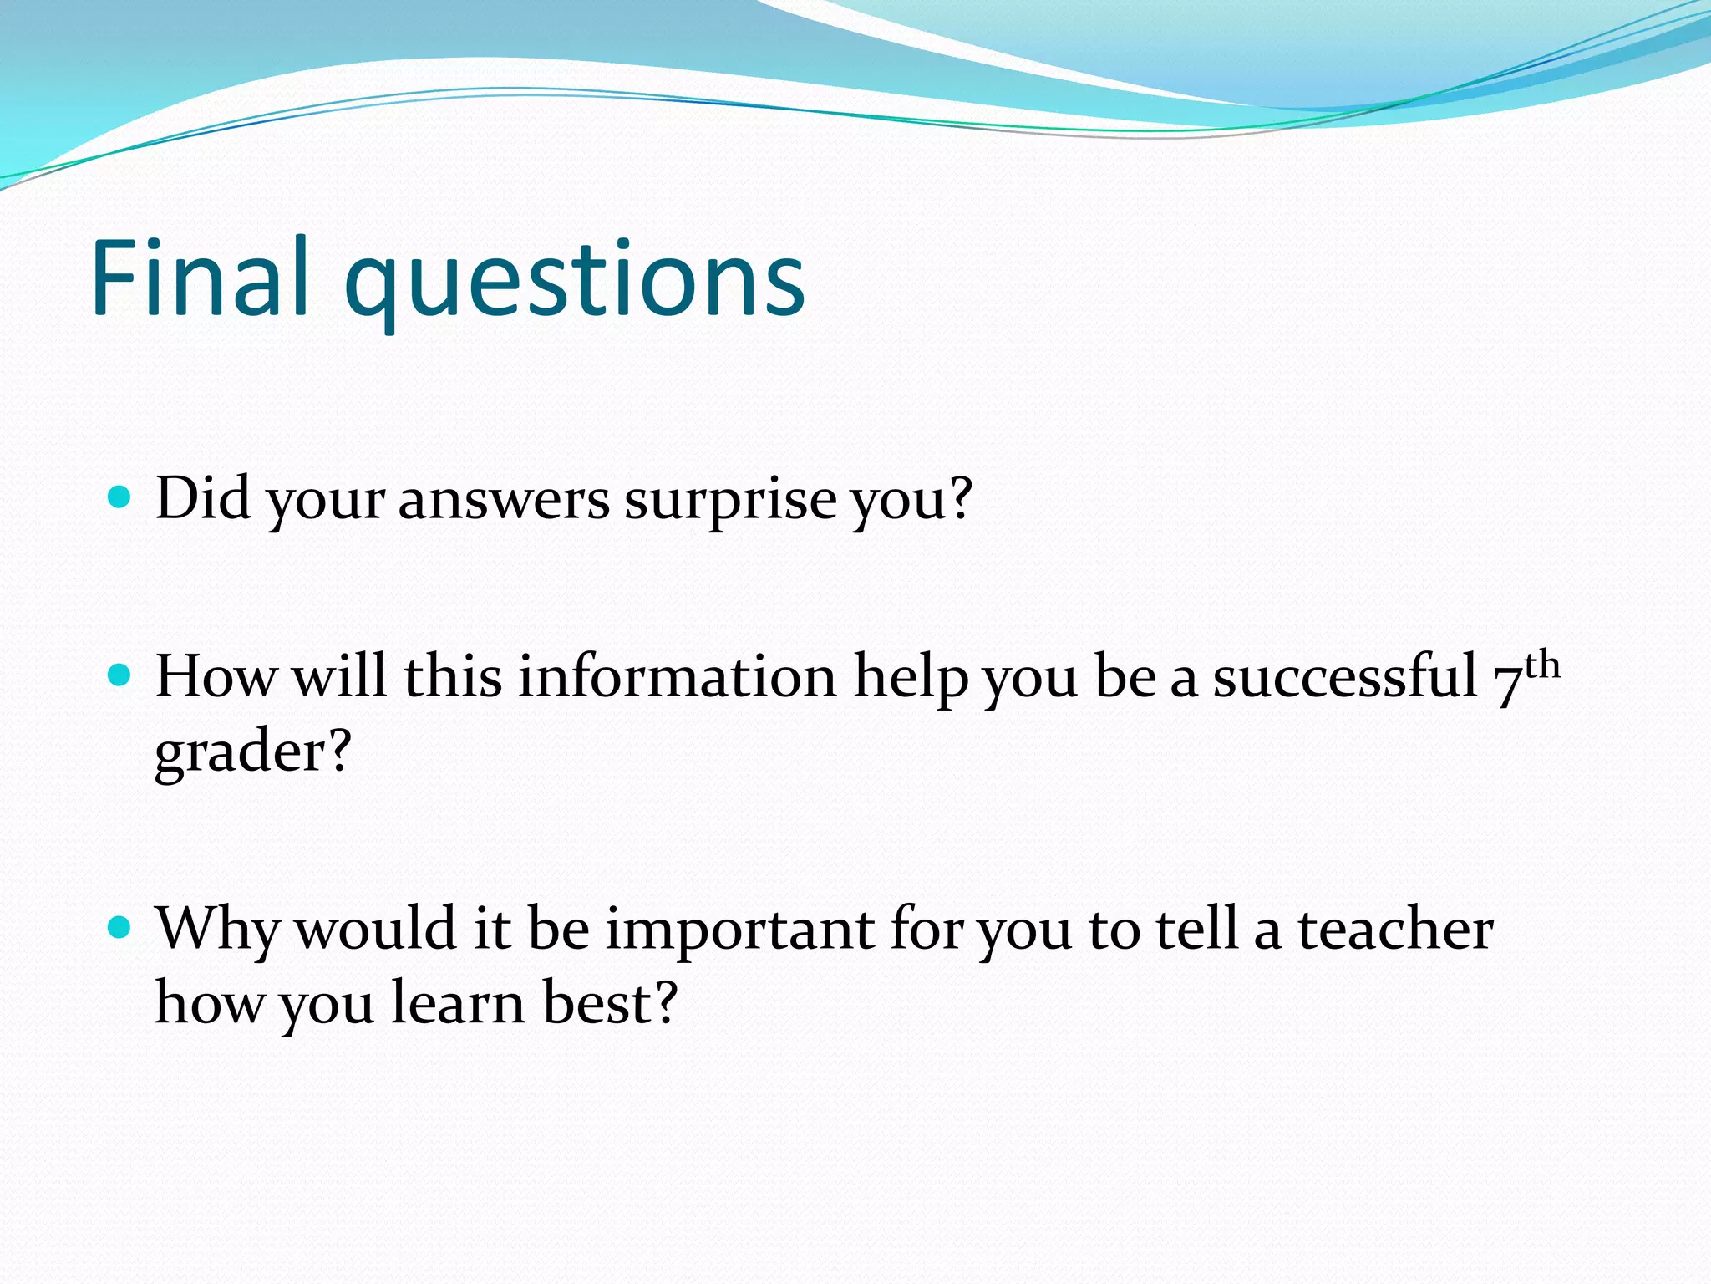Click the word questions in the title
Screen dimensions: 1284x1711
[575, 284]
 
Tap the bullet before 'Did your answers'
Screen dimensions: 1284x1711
[121, 497]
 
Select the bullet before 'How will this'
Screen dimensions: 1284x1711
[121, 675]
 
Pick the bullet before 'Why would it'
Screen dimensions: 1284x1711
[121, 927]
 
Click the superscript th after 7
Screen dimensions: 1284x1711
[1542, 665]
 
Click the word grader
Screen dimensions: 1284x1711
[242, 752]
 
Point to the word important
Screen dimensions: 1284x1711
[739, 930]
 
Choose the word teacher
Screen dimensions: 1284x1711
[1395, 930]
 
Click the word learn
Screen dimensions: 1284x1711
[458, 1003]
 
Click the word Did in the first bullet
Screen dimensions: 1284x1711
[203, 498]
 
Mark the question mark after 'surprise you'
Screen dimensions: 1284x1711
[962, 498]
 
